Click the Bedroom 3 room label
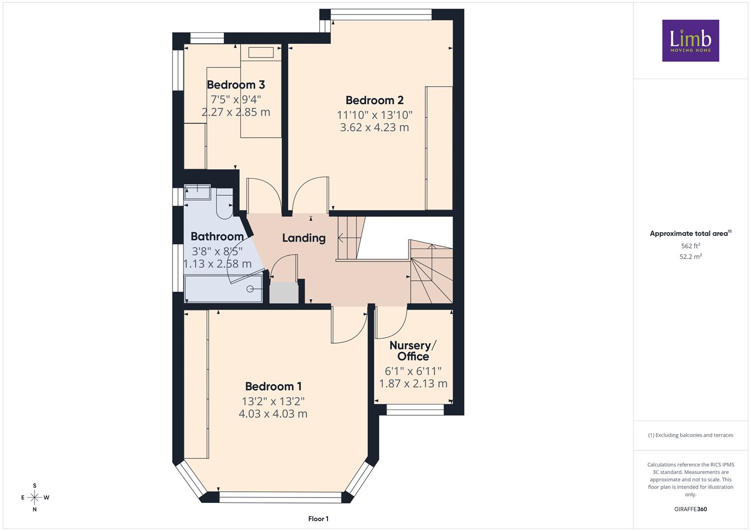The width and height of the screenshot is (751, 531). [236, 85]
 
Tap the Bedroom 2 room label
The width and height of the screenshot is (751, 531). [374, 100]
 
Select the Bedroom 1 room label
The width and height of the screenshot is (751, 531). [273, 386]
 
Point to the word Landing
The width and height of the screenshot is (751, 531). [304, 238]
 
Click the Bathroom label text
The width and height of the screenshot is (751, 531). [217, 236]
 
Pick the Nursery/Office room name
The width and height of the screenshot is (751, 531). [413, 351]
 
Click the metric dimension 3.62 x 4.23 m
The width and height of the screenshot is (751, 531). [374, 127]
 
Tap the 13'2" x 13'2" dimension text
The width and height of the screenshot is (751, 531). [273, 401]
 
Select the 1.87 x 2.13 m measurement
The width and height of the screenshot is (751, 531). [413, 383]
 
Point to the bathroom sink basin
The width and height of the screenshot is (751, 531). [197, 192]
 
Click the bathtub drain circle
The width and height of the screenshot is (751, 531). [250, 289]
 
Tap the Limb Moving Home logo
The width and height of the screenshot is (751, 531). [691, 40]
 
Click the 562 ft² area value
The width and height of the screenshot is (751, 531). [691, 246]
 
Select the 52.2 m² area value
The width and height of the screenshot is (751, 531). [691, 257]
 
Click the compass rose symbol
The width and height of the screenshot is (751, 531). [34, 498]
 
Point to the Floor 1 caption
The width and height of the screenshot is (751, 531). [319, 519]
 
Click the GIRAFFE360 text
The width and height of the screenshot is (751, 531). [691, 509]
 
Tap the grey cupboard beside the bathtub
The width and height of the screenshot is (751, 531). [284, 293]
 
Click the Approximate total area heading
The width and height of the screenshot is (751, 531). [691, 234]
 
